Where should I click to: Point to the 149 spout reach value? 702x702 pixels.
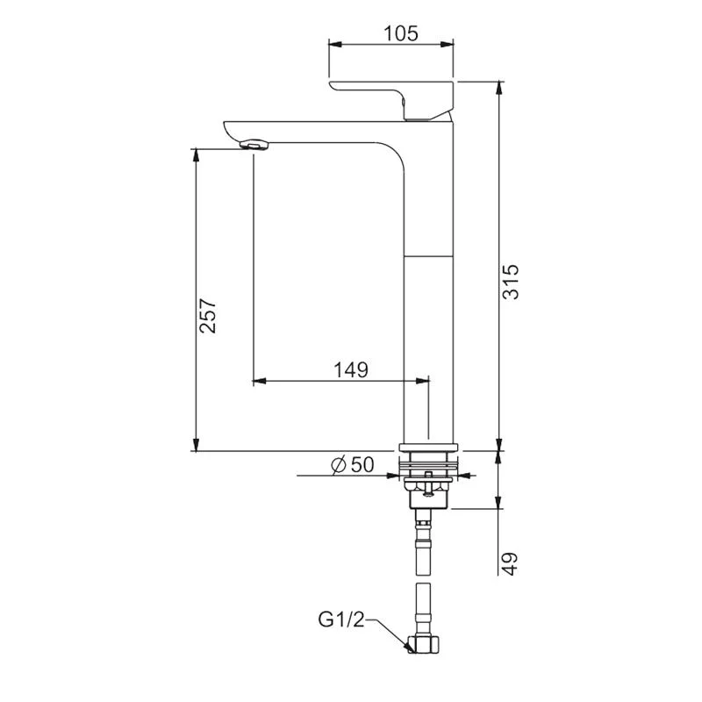click(350, 369)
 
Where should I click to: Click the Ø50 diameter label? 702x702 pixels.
click(353, 465)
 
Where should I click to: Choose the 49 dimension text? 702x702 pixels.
click(512, 562)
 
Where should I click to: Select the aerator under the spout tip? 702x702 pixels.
click(254, 143)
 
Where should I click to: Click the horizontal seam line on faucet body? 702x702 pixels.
click(427, 255)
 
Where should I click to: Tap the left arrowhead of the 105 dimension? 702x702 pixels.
click(333, 43)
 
